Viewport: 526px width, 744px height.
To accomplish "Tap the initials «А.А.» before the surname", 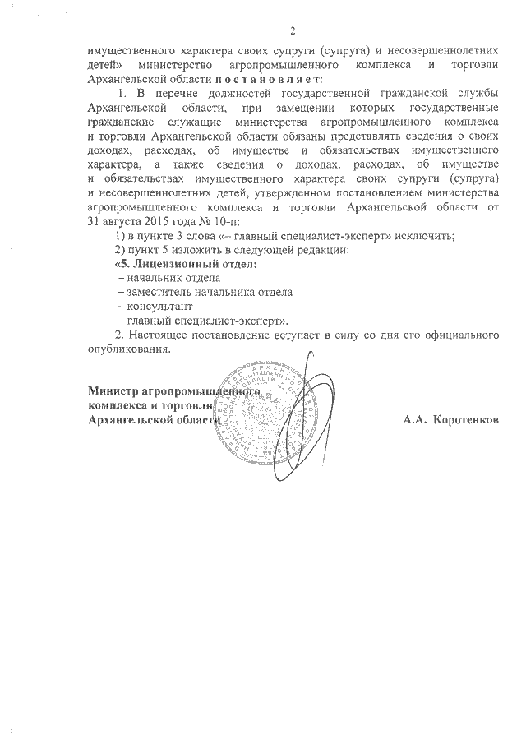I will (415, 419).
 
